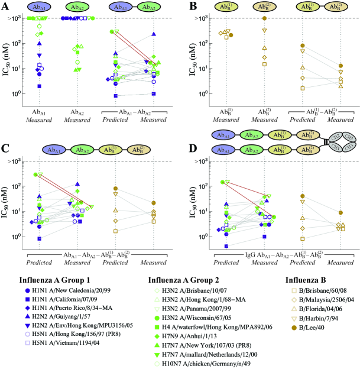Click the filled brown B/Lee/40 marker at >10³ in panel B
(x=264, y=18)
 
